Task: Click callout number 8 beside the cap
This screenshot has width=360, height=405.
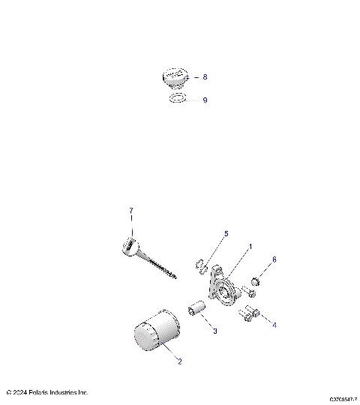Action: pyautogui.click(x=205, y=76)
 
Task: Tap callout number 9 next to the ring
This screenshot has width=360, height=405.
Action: pyautogui.click(x=205, y=100)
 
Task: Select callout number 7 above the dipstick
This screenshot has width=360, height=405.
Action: pyautogui.click(x=130, y=210)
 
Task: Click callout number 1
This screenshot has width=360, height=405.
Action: pyautogui.click(x=250, y=246)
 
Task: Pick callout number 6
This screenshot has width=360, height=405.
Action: pyautogui.click(x=274, y=259)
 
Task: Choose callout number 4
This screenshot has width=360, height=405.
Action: pyautogui.click(x=274, y=325)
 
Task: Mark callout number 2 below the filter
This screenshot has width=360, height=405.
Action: pyautogui.click(x=179, y=361)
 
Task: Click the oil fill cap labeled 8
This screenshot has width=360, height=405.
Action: pyautogui.click(x=176, y=76)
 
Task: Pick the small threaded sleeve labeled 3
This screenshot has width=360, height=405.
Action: pyautogui.click(x=197, y=310)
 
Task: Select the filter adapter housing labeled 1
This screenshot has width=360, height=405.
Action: pyautogui.click(x=222, y=288)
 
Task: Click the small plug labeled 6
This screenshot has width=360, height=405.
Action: pyautogui.click(x=255, y=281)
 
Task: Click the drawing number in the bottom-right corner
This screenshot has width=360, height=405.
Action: pyautogui.click(x=342, y=400)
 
